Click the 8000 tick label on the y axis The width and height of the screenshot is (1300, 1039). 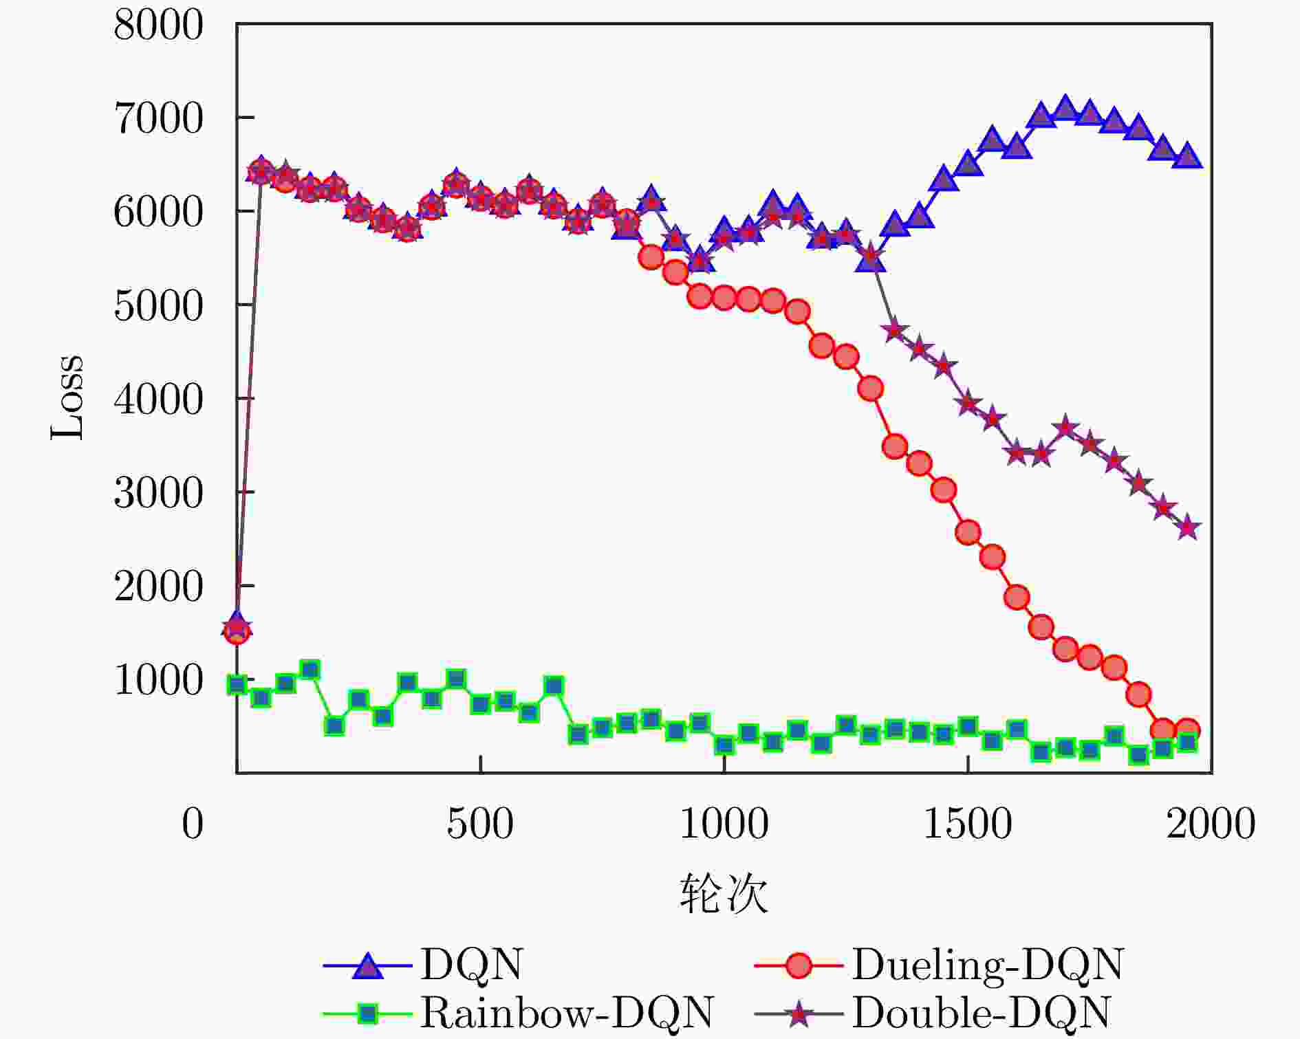tap(158, 26)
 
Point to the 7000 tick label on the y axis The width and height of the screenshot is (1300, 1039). tap(158, 119)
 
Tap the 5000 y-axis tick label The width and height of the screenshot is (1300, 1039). tap(158, 306)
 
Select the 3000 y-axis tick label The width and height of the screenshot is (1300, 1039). tap(158, 494)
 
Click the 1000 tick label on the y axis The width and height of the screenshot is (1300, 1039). tap(158, 681)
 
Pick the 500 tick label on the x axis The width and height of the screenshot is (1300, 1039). tap(480, 824)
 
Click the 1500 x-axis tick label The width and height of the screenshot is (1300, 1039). tap(967, 824)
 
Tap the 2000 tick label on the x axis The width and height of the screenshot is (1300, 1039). tap(1211, 824)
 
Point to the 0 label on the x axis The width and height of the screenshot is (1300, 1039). tap(193, 824)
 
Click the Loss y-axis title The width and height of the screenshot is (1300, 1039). tap(67, 397)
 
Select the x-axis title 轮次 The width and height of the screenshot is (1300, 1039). tap(724, 893)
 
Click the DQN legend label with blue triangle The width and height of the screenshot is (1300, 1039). tap(472, 965)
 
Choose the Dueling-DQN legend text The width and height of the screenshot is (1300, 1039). tap(988, 965)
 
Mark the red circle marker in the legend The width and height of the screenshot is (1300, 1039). tap(799, 965)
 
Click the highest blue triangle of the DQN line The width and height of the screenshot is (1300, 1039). tap(1065, 108)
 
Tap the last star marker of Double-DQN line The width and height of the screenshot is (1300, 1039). tap(1187, 529)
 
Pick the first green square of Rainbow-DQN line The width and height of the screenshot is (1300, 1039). tap(237, 685)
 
